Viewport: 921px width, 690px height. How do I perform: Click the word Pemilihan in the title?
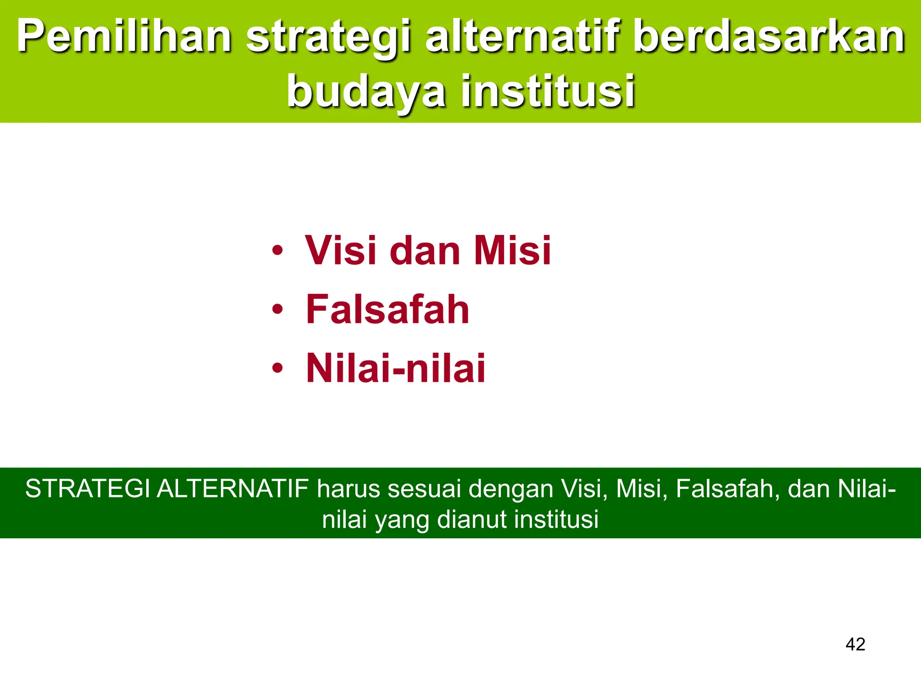tap(124, 37)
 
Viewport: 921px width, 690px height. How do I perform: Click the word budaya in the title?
tap(367, 92)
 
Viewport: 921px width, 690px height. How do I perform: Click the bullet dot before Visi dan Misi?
tap(277, 250)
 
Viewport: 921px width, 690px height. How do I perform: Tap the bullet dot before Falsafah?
tap(277, 310)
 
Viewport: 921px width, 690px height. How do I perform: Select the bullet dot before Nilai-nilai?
tap(277, 368)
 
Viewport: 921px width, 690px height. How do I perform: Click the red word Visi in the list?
tap(340, 250)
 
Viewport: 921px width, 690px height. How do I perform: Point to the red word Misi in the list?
tap(512, 250)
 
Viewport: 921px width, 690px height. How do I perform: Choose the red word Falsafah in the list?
tap(388, 310)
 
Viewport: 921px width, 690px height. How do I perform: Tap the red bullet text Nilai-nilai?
tap(396, 368)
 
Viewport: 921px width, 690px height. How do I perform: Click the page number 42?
tap(855, 644)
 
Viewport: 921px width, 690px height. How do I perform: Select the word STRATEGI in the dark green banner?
tap(87, 489)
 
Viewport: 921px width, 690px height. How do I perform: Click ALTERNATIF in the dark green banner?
tap(232, 489)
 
